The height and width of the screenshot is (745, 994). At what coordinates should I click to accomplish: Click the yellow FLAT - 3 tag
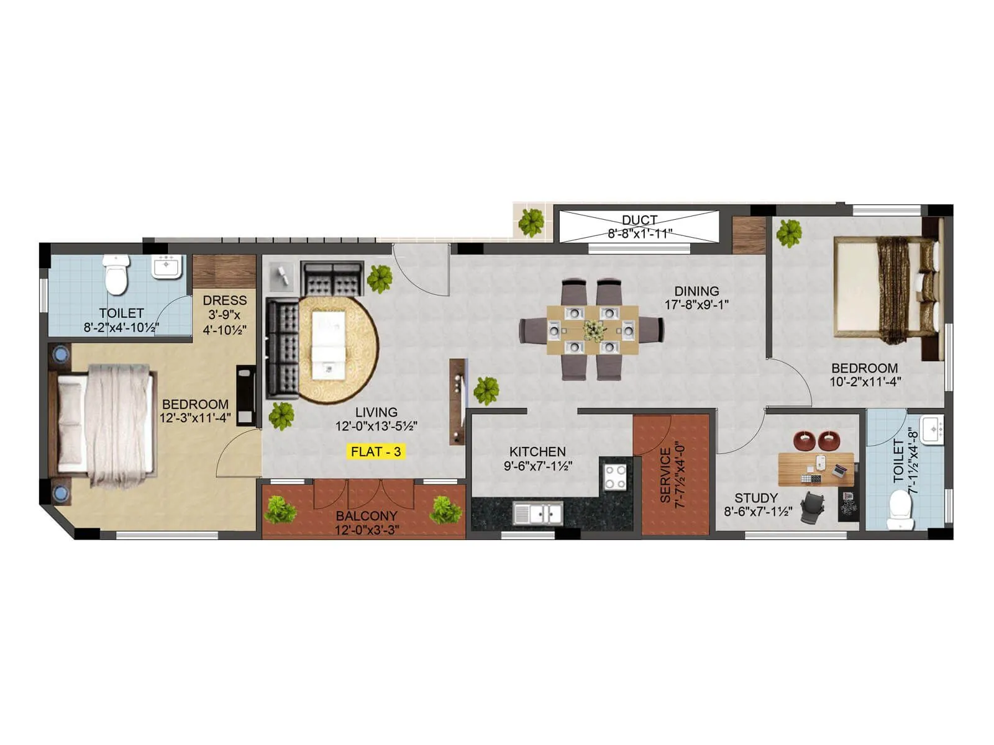(x=376, y=451)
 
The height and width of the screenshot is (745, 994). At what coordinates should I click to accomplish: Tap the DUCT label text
(x=639, y=220)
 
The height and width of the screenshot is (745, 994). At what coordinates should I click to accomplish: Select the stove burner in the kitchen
(x=616, y=476)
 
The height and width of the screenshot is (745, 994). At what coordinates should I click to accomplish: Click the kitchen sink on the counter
(x=537, y=513)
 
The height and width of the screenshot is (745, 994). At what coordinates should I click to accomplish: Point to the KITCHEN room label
(x=537, y=452)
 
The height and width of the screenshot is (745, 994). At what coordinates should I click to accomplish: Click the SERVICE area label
(x=665, y=476)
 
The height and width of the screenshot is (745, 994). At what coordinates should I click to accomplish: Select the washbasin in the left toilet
(x=166, y=267)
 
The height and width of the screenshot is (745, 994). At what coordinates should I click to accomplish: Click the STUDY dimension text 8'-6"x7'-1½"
(x=758, y=512)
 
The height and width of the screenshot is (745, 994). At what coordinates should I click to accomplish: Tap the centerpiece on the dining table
(x=593, y=330)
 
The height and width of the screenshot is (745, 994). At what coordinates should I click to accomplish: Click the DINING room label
(x=696, y=291)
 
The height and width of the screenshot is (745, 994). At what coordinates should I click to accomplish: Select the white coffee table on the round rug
(x=328, y=345)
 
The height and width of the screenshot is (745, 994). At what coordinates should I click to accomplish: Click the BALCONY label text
(x=367, y=516)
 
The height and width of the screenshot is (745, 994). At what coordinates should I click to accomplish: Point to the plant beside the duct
(x=531, y=222)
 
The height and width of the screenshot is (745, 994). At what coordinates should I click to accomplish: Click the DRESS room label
(x=224, y=300)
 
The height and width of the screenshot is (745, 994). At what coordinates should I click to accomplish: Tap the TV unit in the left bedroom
(x=246, y=395)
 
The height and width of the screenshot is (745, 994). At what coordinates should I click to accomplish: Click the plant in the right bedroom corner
(x=789, y=232)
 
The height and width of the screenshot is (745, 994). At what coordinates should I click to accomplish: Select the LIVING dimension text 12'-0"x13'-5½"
(x=376, y=427)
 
